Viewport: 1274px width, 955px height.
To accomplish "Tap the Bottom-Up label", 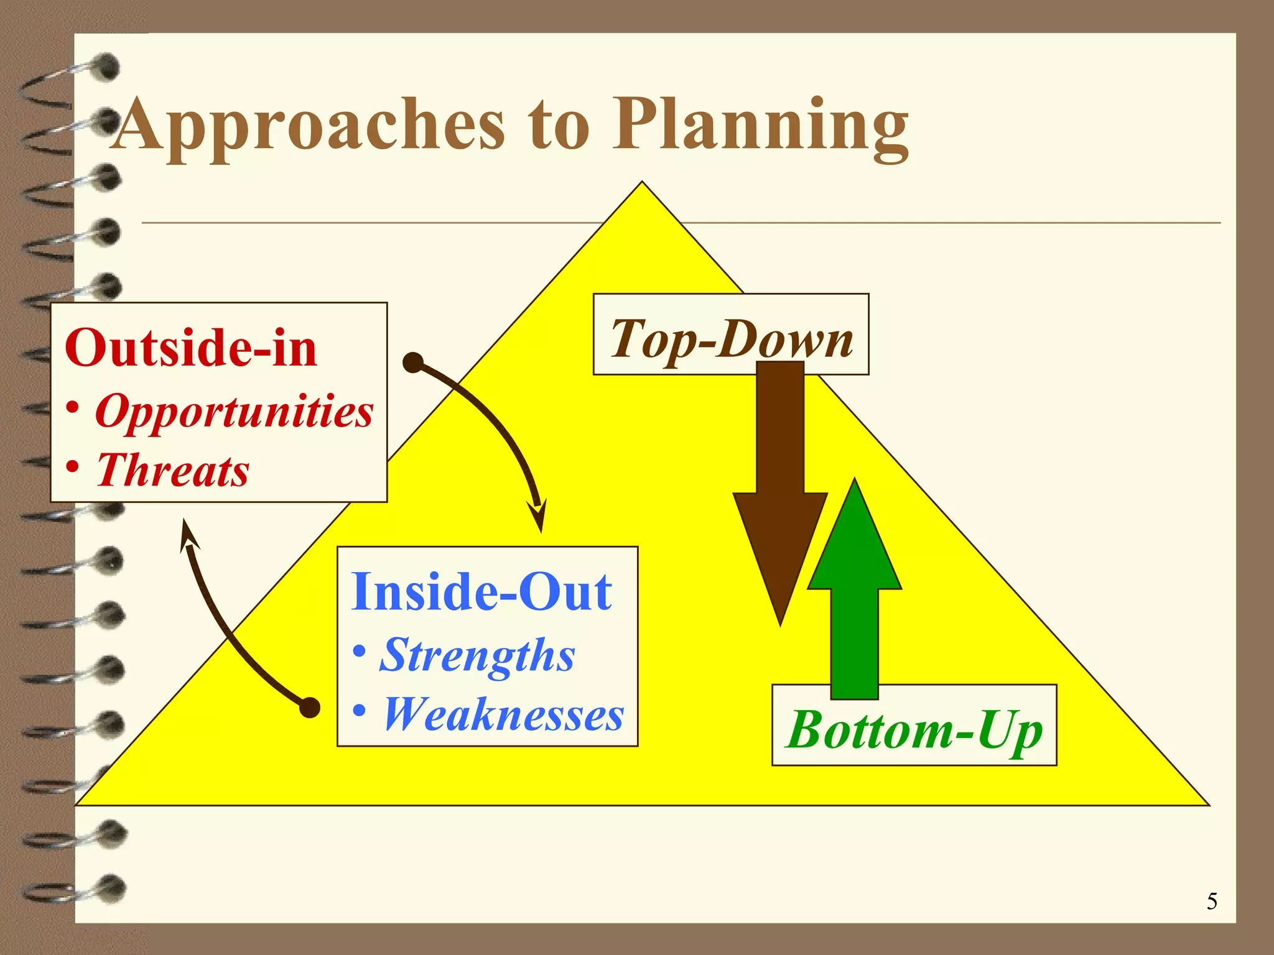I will (x=914, y=729).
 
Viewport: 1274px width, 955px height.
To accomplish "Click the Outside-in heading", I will (x=191, y=348).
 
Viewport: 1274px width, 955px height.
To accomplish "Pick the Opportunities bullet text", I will (x=234, y=411).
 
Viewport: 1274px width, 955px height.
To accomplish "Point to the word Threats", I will (x=173, y=469).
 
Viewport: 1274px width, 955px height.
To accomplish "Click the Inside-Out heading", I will (x=481, y=591).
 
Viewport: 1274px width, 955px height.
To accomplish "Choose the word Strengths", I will (x=477, y=655).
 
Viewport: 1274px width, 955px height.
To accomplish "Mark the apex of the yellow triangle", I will (x=642, y=183).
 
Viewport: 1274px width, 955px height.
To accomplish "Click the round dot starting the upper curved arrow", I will (x=413, y=362).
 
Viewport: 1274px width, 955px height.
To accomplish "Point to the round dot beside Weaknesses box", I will (x=310, y=708).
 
